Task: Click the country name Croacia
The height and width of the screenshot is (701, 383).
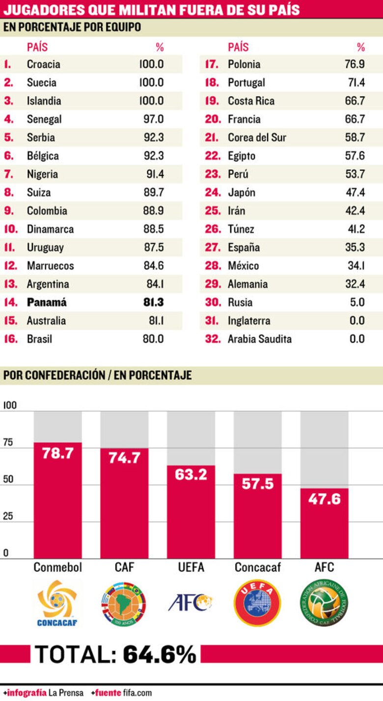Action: coord(44,64)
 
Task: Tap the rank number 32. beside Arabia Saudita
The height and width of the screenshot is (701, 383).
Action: coord(213,339)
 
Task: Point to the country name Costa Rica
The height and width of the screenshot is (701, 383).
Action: coord(251,101)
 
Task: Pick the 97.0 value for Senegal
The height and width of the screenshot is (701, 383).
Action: coord(154,119)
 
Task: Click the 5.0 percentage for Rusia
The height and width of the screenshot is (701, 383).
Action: coord(357,303)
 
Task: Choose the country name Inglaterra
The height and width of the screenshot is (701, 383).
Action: coord(249,321)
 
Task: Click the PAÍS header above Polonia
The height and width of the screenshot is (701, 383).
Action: coord(238,48)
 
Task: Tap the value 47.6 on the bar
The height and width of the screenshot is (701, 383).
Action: coord(324,499)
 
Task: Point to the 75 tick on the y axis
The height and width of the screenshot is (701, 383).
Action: coord(9,442)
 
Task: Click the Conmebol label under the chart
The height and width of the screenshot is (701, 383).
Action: coord(58,567)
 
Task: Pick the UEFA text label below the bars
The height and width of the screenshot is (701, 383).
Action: coord(191,567)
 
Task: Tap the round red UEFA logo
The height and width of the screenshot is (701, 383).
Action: coord(257,603)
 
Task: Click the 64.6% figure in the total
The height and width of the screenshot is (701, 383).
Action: coord(159,654)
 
